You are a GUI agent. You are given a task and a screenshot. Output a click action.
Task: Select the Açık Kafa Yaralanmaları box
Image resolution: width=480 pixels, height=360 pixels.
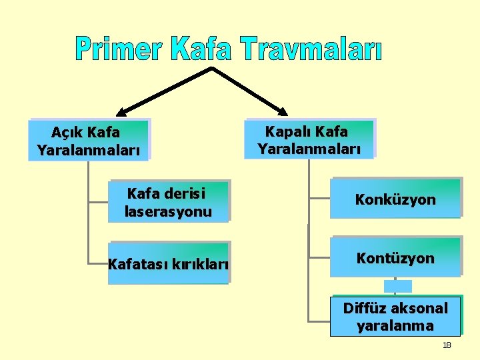coord(89,140)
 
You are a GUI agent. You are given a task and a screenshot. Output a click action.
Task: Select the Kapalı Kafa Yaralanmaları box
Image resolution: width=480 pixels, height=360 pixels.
coord(309,139)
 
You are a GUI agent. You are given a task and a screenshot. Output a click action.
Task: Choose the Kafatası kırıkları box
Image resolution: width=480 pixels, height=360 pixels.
coord(169,263)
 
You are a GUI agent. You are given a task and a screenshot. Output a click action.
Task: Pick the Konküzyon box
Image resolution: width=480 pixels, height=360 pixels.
coord(395,198)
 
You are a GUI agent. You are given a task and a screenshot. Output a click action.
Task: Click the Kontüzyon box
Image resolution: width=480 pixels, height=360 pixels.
coord(396,257)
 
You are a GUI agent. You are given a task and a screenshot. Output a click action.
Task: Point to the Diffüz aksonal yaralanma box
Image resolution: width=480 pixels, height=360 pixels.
coord(395,316)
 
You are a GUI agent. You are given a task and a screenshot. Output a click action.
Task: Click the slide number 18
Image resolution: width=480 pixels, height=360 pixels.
coord(447,345)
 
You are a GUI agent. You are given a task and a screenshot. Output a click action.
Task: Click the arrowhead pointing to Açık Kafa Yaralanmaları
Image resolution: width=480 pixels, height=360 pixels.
coord(123,112)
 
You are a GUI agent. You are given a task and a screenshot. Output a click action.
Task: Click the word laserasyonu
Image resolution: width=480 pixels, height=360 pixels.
coord(168,212)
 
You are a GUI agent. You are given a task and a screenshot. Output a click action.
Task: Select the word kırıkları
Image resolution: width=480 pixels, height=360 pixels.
coord(199,265)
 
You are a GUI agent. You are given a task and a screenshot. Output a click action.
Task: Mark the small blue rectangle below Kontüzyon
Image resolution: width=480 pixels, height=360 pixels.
coord(398,286)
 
